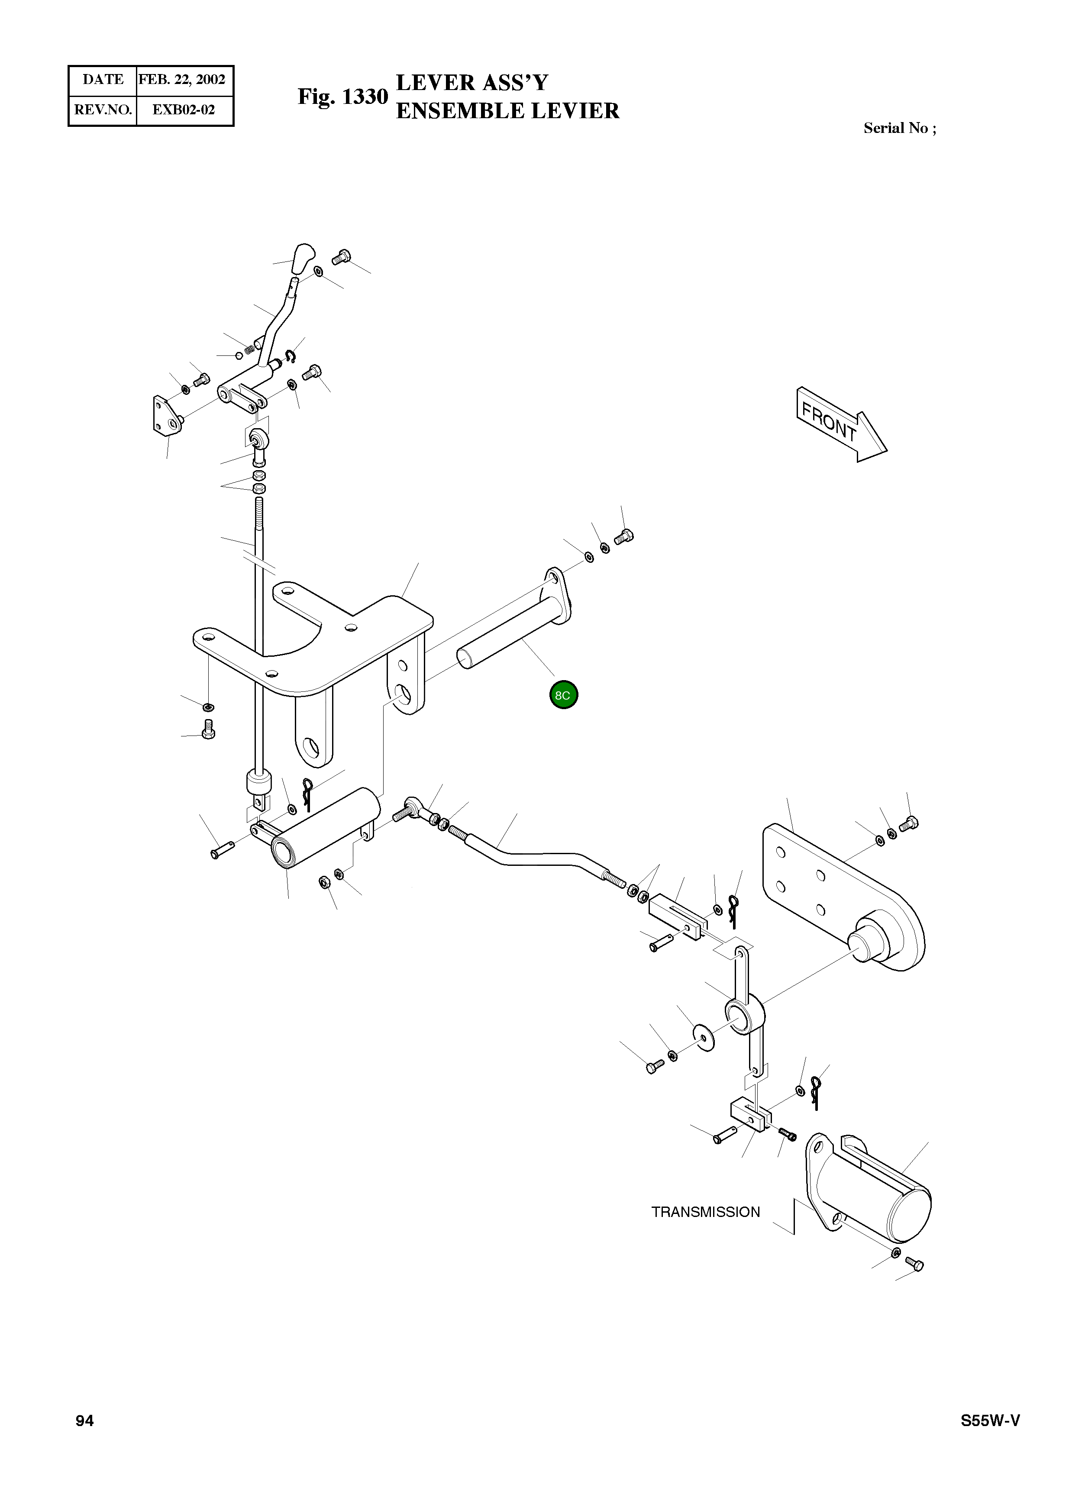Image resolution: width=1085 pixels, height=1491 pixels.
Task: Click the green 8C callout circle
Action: [564, 695]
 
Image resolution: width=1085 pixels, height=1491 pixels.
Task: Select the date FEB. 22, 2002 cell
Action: [182, 80]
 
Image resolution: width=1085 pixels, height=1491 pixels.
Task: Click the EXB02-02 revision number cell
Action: [184, 110]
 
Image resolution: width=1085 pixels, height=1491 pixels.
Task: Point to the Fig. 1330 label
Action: [342, 97]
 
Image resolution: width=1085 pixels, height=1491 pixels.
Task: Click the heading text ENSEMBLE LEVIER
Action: [508, 111]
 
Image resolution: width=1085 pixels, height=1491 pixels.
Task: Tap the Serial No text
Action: [899, 128]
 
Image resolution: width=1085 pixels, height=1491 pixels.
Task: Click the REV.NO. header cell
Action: [103, 110]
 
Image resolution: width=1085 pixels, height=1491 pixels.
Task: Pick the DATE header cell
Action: [103, 80]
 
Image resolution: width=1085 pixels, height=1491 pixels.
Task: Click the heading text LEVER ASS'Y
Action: [471, 83]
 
